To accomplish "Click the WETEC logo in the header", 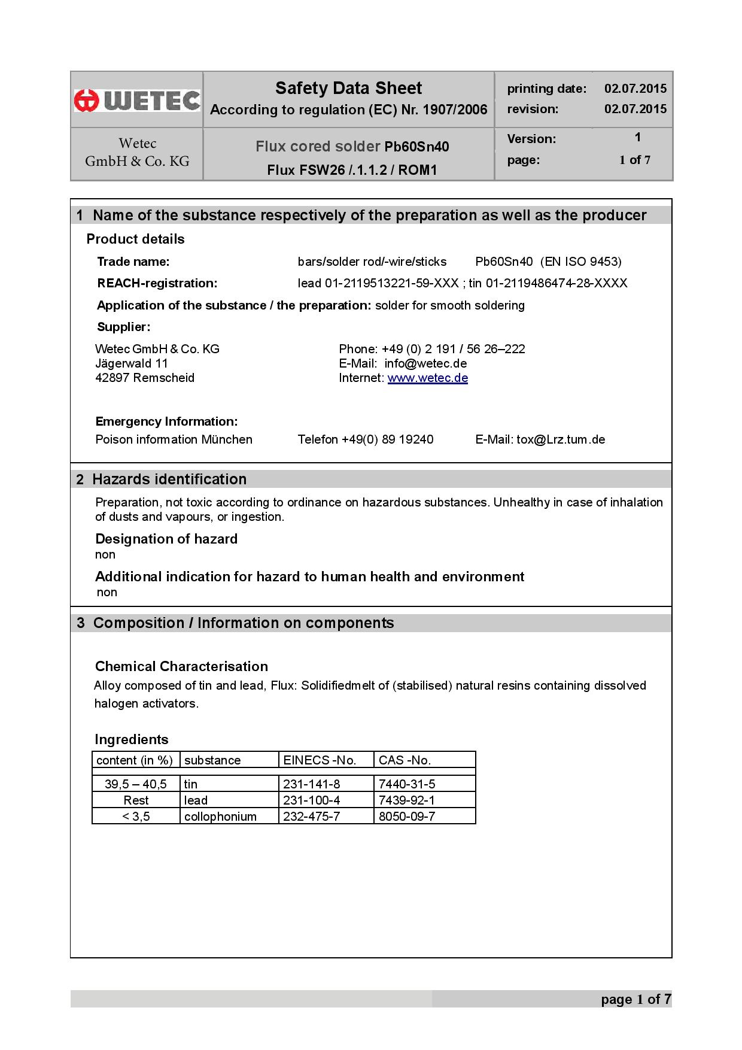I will [137, 100].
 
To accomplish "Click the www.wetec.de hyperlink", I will [427, 378].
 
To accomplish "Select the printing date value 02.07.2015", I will [635, 89].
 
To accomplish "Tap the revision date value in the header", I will [635, 108].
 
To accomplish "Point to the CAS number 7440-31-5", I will [407, 784].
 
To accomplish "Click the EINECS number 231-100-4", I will [311, 800].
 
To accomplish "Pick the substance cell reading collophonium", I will [220, 817].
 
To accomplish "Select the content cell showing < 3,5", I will [136, 817].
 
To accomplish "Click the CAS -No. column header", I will [405, 760].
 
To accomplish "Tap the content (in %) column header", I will [135, 760].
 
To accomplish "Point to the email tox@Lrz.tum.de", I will [561, 439].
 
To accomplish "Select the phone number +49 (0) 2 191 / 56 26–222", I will [453, 349].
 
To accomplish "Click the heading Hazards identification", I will [169, 479].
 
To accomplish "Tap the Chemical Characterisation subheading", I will [181, 666].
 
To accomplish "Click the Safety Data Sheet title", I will [348, 89].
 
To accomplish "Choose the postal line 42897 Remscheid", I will [145, 378].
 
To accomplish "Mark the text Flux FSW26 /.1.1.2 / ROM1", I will [352, 170].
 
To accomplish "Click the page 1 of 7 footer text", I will [635, 999].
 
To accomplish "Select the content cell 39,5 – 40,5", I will [136, 784].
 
